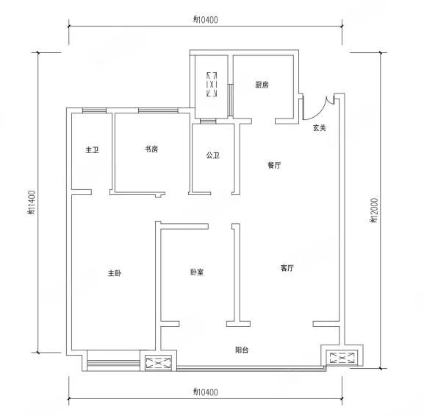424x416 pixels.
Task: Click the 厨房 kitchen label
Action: pos(262,85)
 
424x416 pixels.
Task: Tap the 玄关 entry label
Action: pos(320,128)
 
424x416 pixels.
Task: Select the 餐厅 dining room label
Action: pos(274,165)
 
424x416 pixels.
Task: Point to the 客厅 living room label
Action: pos(287,268)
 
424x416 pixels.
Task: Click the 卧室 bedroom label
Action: pos(197,272)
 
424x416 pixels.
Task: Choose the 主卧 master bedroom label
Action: pos(115,273)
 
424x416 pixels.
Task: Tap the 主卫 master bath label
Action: pos(92,150)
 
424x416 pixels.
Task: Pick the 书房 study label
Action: pos(151,149)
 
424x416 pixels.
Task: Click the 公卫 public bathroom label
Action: pos(213,155)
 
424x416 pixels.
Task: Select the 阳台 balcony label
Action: pos(242,350)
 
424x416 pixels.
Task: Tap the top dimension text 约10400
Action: pos(206,20)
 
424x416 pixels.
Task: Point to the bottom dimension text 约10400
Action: pos(206,392)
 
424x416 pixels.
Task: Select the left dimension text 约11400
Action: pos(32,202)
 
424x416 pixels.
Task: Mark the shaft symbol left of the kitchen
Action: pos(212,84)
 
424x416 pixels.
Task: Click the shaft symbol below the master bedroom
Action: pos(159,363)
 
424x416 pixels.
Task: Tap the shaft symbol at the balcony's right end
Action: pos(342,358)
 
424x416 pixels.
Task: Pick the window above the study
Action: pos(158,110)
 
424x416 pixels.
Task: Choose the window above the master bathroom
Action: pos(94,110)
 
